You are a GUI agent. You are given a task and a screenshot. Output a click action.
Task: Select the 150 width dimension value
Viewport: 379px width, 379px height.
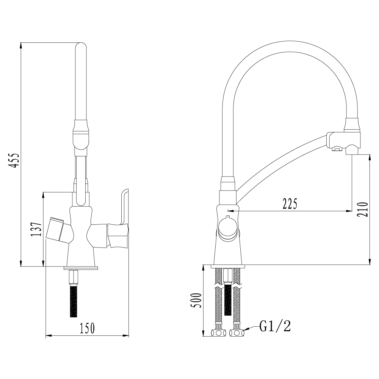point(87,328)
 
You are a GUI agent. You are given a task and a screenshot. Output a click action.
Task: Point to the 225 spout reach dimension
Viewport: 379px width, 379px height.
point(290,204)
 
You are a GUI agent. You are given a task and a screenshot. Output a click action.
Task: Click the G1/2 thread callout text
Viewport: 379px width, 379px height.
point(275,326)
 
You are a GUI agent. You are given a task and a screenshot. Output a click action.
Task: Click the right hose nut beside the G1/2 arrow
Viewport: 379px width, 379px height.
point(237,333)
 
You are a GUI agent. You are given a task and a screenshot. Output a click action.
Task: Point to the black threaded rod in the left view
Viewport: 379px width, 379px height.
point(73,301)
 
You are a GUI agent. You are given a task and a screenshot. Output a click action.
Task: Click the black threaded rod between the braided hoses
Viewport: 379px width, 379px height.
point(227,299)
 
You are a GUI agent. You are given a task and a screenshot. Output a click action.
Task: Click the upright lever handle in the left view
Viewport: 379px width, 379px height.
point(124,207)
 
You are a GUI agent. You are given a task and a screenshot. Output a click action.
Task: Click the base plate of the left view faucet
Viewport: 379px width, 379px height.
point(81,268)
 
